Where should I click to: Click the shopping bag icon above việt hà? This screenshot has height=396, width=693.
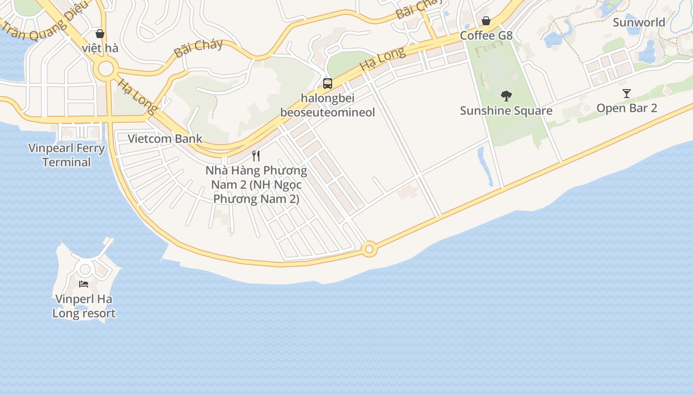(x=100, y=34)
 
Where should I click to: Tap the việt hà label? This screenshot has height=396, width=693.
(x=100, y=48)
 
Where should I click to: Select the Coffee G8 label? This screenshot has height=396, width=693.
(x=486, y=36)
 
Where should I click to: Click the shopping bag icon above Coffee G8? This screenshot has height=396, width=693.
(x=486, y=21)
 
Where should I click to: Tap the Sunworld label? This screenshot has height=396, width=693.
(x=639, y=22)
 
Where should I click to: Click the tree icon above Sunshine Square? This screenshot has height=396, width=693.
(x=506, y=96)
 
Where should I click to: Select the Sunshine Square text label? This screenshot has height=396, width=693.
(x=506, y=110)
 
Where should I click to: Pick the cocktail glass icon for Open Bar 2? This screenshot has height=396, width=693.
(x=627, y=93)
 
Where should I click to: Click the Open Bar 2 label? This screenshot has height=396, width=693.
(x=627, y=108)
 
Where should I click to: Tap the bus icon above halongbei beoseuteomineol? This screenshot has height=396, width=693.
(x=327, y=83)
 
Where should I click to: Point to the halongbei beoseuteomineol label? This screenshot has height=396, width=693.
(x=327, y=105)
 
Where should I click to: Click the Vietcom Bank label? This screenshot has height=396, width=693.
(x=165, y=139)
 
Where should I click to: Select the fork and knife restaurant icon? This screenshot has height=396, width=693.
(x=256, y=156)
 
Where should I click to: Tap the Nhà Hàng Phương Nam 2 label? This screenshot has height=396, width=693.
(x=256, y=185)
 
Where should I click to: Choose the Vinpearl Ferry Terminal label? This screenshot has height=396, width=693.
(x=66, y=155)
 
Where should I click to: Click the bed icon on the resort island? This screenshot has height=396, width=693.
(x=84, y=284)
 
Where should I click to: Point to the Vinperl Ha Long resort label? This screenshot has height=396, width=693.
(x=84, y=306)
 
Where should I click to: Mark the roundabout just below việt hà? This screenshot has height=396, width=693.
(x=106, y=69)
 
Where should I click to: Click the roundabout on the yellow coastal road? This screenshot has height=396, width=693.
(x=369, y=249)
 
